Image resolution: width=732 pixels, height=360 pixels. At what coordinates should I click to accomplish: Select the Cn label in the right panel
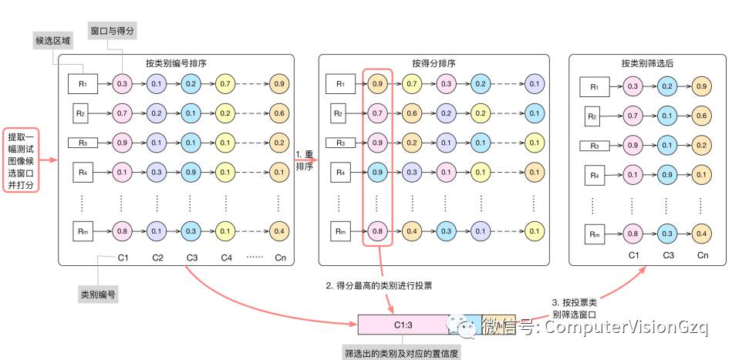pos(702,254)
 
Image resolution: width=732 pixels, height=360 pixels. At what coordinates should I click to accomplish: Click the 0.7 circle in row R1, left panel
pos(226,82)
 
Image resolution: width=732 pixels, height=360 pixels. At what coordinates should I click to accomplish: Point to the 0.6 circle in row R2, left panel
pos(278,113)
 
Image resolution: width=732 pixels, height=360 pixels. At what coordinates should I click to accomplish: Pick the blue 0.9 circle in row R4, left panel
pos(191,172)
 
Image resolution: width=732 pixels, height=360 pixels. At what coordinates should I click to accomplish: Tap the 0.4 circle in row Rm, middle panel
pos(412,230)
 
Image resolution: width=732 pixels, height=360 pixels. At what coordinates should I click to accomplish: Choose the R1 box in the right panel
pos(594,87)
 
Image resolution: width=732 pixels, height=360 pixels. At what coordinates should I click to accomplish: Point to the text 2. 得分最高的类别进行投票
pos(379,285)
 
